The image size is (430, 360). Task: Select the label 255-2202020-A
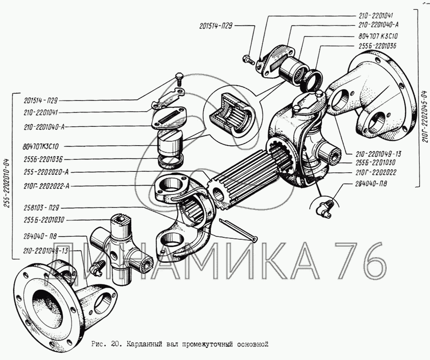click(x=46, y=172)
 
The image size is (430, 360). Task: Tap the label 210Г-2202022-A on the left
click(x=46, y=186)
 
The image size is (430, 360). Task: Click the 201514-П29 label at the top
click(x=215, y=26)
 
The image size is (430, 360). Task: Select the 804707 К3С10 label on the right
click(x=378, y=37)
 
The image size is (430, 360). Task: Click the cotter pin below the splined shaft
click(x=238, y=230)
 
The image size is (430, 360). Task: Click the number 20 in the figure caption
click(x=114, y=344)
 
